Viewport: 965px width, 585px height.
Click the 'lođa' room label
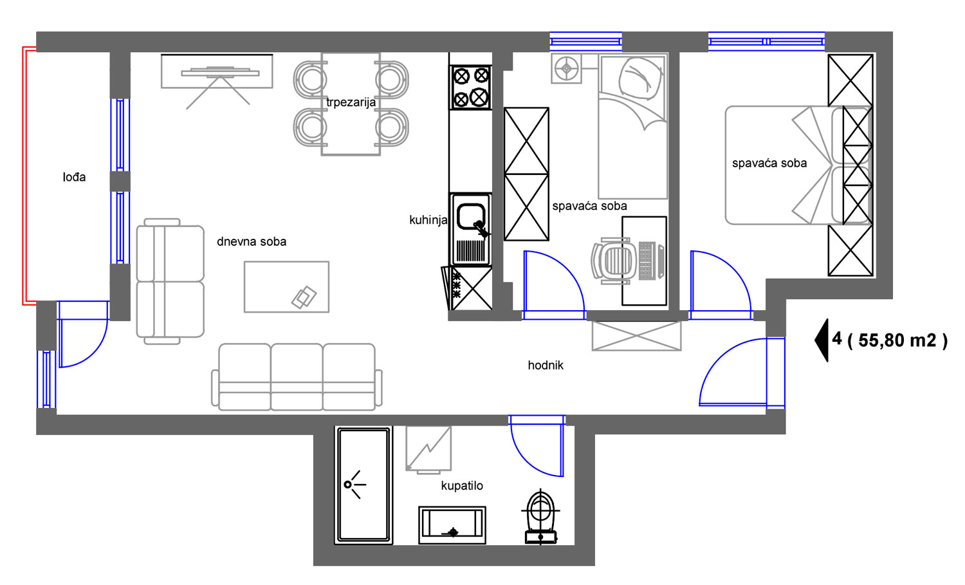point(74,177)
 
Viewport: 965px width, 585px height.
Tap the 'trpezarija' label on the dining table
point(351,102)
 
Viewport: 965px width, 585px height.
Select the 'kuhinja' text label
point(428,220)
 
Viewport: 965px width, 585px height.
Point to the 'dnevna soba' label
point(252,241)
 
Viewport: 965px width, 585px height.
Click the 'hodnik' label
point(546,366)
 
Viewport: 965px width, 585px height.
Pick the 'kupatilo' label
point(462,486)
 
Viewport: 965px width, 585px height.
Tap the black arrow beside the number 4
point(821,340)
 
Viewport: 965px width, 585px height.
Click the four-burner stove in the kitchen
point(470,88)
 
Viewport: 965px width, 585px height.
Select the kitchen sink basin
point(470,216)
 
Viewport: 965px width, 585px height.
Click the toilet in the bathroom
point(540,516)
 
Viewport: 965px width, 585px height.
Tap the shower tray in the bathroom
point(363,485)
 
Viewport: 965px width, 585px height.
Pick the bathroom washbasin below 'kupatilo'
point(452,525)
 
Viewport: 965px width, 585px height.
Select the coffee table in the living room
point(286,286)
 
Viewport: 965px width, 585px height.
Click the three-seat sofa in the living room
point(297,376)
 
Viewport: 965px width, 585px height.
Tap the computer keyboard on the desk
point(645,261)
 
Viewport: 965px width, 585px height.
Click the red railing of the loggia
point(25,176)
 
